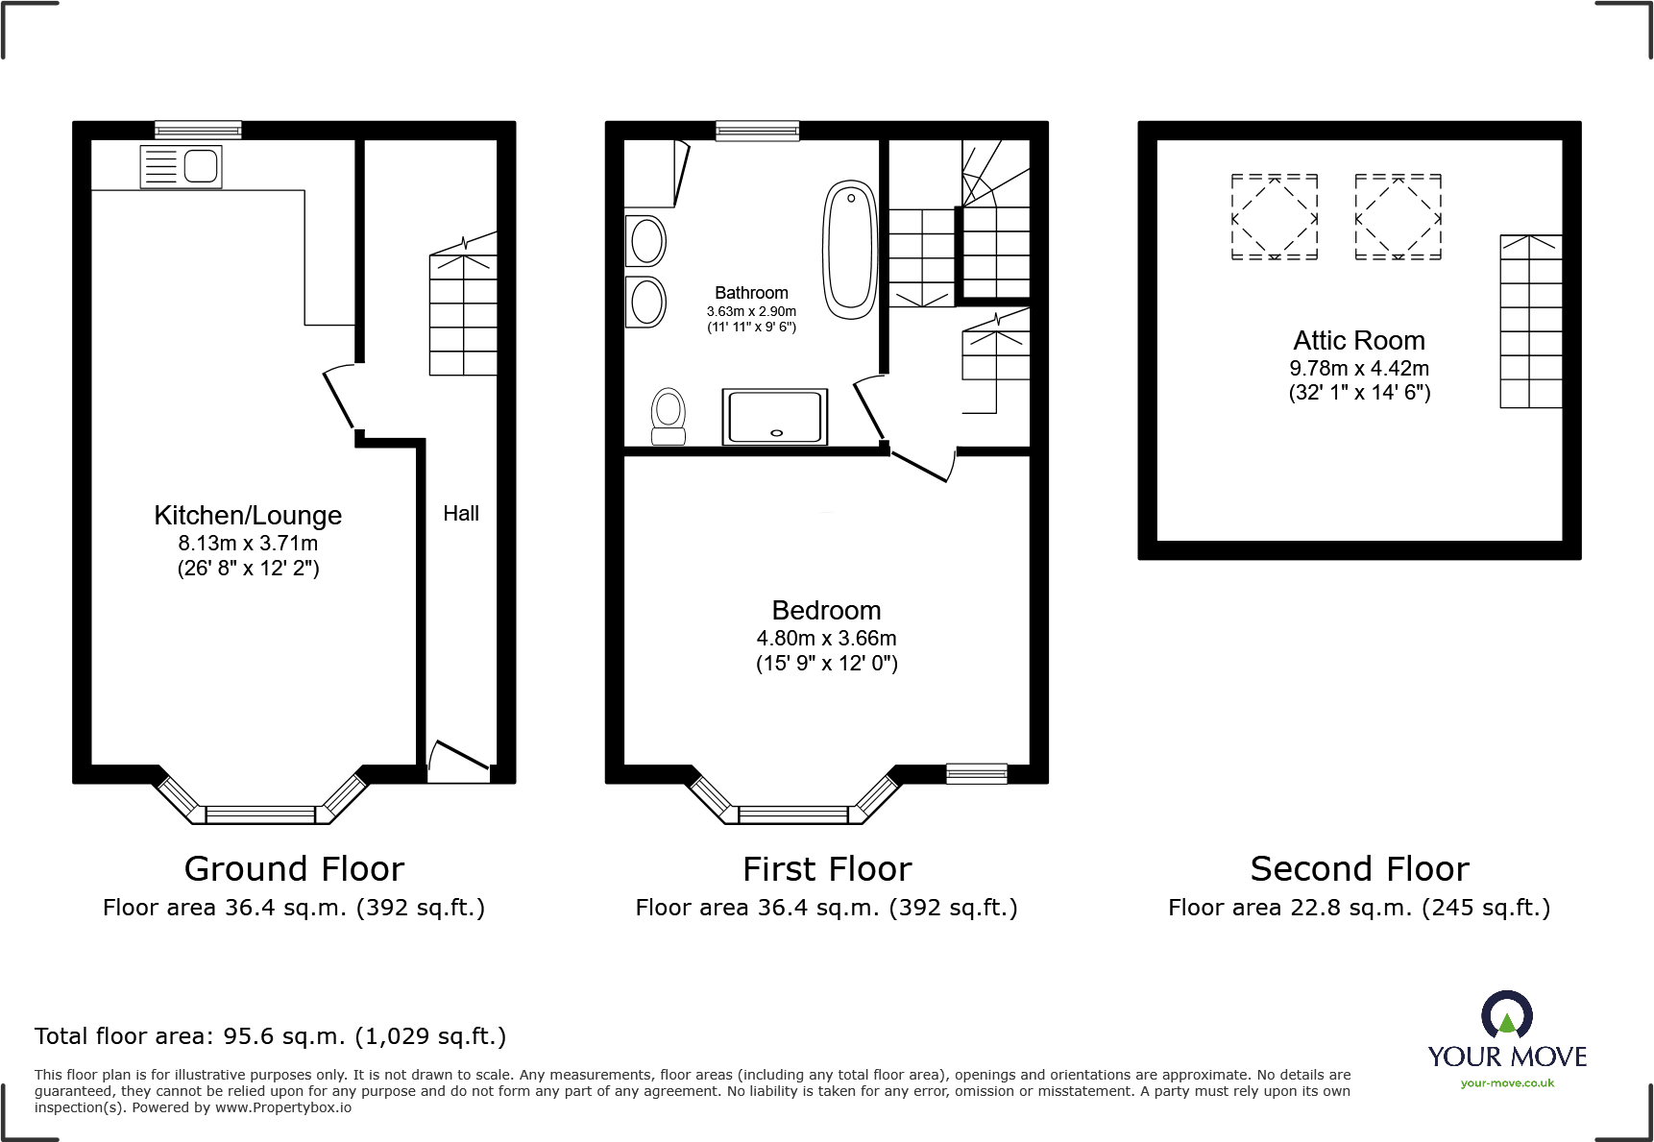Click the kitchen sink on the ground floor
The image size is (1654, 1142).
click(182, 166)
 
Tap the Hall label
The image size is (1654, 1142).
click(461, 514)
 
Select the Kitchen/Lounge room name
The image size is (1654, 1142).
click(248, 516)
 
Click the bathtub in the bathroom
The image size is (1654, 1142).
click(850, 250)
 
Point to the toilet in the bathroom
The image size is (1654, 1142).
click(669, 416)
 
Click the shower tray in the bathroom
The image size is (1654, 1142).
click(775, 417)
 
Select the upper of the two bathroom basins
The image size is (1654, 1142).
click(646, 240)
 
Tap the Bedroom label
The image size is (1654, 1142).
click(826, 611)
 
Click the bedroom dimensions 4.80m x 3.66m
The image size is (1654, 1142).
click(826, 639)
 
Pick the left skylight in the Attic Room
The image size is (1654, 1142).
click(1274, 218)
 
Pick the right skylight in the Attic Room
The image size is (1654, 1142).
click(1398, 218)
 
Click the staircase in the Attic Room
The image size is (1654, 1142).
click(1530, 322)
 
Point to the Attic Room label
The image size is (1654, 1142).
click(1358, 341)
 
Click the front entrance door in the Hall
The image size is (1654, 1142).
click(460, 757)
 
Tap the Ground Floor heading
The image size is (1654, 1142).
click(294, 869)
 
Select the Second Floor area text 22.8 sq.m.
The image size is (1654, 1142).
click(1359, 908)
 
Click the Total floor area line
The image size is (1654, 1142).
click(270, 1036)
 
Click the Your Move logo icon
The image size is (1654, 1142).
click(1506, 1015)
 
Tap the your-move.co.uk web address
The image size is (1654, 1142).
click(1507, 1083)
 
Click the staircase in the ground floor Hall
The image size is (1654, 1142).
click(463, 314)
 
